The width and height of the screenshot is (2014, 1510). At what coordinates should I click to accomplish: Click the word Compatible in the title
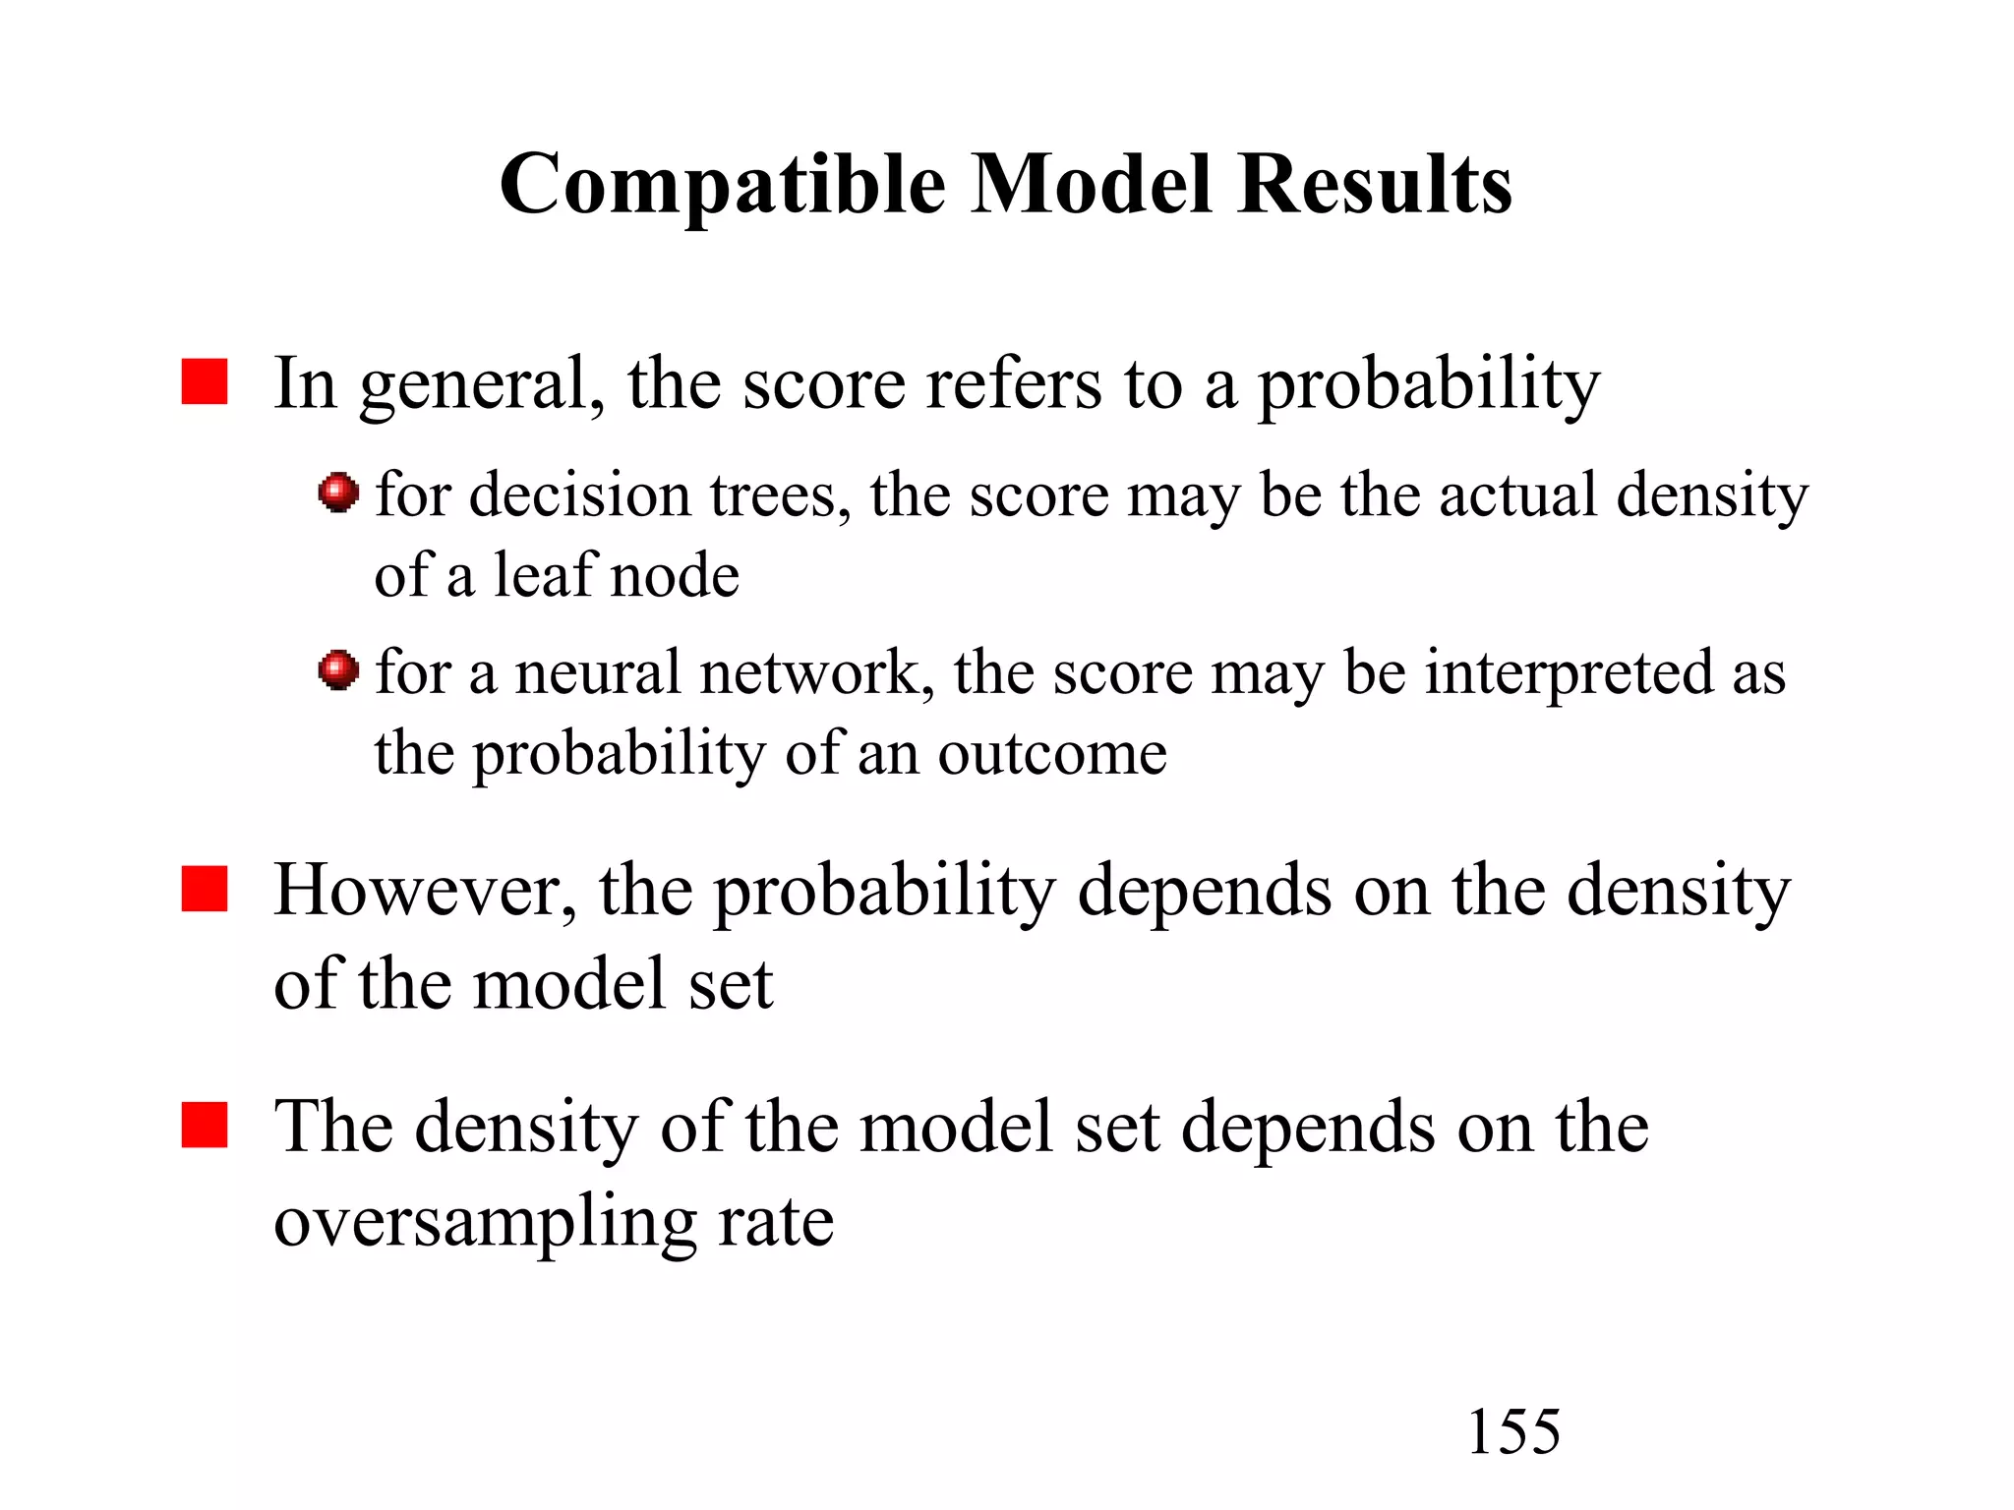pyautogui.click(x=722, y=185)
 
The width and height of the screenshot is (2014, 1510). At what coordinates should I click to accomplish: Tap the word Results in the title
pyautogui.click(x=1375, y=185)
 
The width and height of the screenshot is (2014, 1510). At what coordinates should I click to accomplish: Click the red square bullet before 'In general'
pyautogui.click(x=205, y=381)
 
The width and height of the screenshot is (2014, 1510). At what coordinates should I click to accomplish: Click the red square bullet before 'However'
pyautogui.click(x=205, y=889)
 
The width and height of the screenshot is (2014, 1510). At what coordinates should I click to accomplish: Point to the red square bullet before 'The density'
pyautogui.click(x=205, y=1125)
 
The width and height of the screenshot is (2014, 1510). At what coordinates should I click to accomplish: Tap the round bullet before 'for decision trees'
pyautogui.click(x=339, y=493)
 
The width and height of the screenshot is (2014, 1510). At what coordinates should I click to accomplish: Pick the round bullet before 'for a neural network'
pyautogui.click(x=339, y=670)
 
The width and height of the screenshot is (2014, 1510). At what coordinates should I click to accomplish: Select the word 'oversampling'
pyautogui.click(x=484, y=1223)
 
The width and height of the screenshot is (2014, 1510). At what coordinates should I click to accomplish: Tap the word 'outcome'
pyautogui.click(x=1052, y=755)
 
